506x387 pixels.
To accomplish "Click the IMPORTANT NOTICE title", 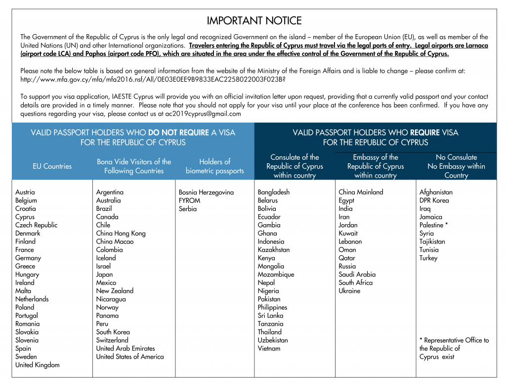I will (254, 21).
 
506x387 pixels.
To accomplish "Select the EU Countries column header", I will (52, 166).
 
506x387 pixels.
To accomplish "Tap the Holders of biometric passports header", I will (214, 166).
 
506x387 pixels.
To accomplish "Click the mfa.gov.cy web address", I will (153, 80).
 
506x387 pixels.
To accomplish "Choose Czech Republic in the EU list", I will (36, 225).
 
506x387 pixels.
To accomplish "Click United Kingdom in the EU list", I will (37, 365).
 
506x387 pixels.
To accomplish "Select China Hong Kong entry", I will (121, 234).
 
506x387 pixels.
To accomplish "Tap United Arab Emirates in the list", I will (126, 348).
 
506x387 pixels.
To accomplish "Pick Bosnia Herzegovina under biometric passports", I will (206, 193).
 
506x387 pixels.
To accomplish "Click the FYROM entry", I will (189, 200).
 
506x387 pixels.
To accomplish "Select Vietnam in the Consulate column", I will (269, 348).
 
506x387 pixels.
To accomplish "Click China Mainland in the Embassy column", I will (361, 193).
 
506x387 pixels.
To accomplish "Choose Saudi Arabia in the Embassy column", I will (357, 275).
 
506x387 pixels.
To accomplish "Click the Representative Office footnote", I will (454, 348).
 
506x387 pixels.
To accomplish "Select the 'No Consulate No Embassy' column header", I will (456, 166).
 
